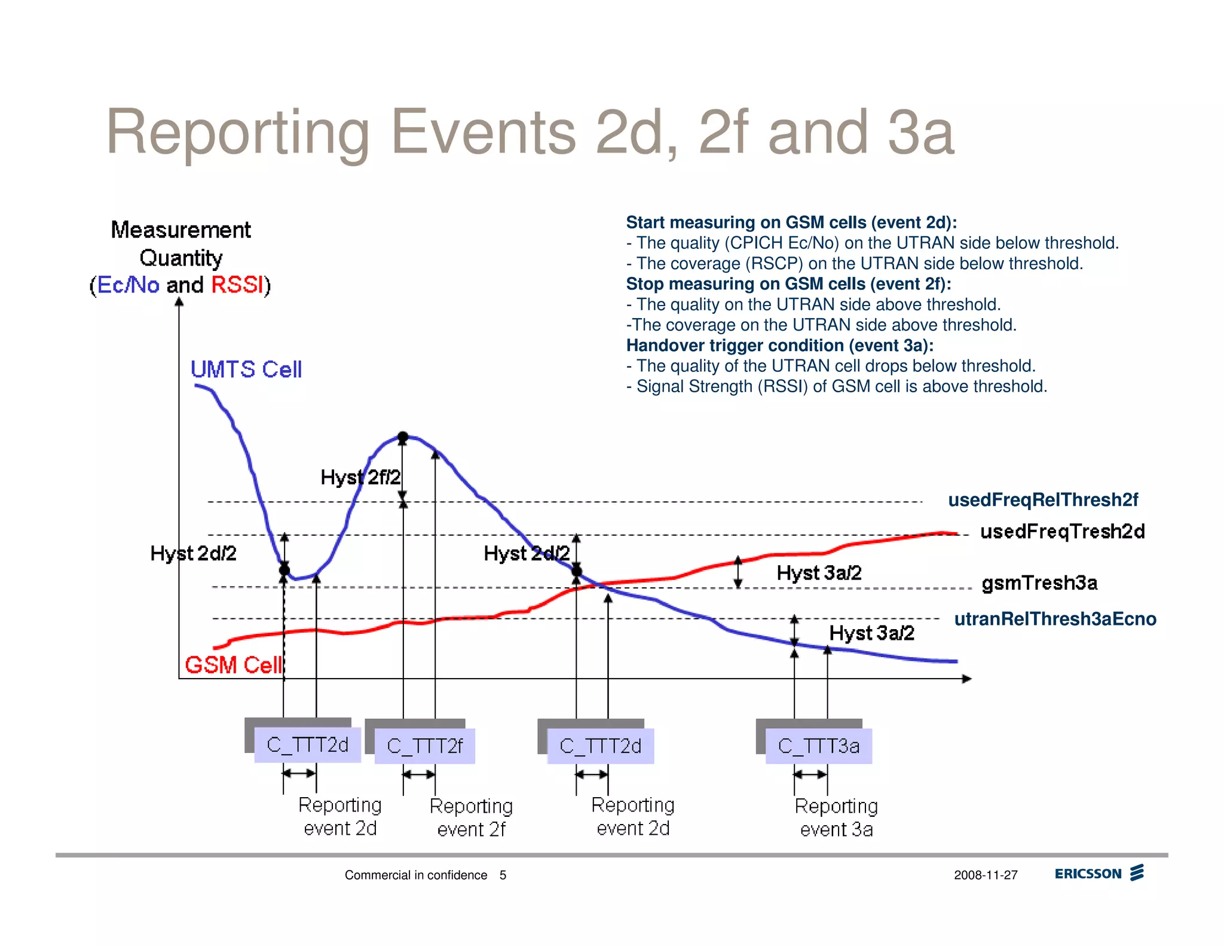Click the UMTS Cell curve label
246,370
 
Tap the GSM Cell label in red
233,665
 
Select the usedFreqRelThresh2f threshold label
1043,500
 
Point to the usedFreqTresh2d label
1063,532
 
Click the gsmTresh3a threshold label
1039,582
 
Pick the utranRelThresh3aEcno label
1055,619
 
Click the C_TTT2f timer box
424,746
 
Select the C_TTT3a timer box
818,746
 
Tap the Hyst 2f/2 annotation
360,477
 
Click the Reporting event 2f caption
471,817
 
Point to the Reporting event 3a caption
836,817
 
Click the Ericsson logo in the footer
1099,874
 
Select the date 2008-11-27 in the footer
986,875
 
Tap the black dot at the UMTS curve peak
403,437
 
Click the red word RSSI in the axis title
237,285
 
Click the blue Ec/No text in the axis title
128,285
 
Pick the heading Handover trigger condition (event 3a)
779,346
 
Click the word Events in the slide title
483,132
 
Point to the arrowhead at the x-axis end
966,679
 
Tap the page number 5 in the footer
503,875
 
